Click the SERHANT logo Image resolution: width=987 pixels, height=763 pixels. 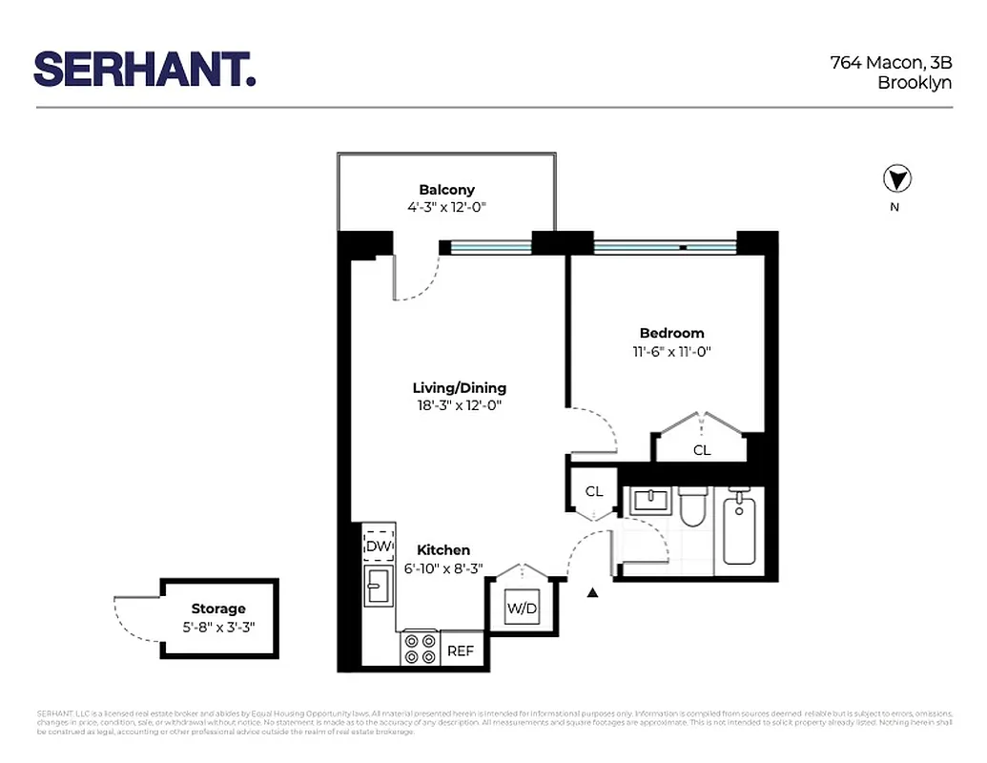[x=145, y=69]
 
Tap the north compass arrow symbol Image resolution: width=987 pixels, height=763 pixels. [x=897, y=178]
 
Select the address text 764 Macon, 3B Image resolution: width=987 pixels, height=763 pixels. [x=891, y=63]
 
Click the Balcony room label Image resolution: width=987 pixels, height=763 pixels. [x=446, y=190]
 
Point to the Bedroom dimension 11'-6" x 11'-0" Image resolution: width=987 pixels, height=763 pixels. [x=671, y=351]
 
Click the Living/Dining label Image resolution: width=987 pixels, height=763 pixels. [x=459, y=388]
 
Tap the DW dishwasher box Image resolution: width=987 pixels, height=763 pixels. [x=379, y=546]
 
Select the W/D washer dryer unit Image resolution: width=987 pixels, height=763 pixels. [x=522, y=608]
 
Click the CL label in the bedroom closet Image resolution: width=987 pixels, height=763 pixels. [x=701, y=450]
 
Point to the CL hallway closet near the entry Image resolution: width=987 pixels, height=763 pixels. [x=593, y=491]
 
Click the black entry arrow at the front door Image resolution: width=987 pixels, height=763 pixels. [x=592, y=592]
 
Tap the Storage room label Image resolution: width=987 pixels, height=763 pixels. [x=218, y=608]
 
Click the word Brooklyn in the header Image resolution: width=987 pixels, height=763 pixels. [x=914, y=83]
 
